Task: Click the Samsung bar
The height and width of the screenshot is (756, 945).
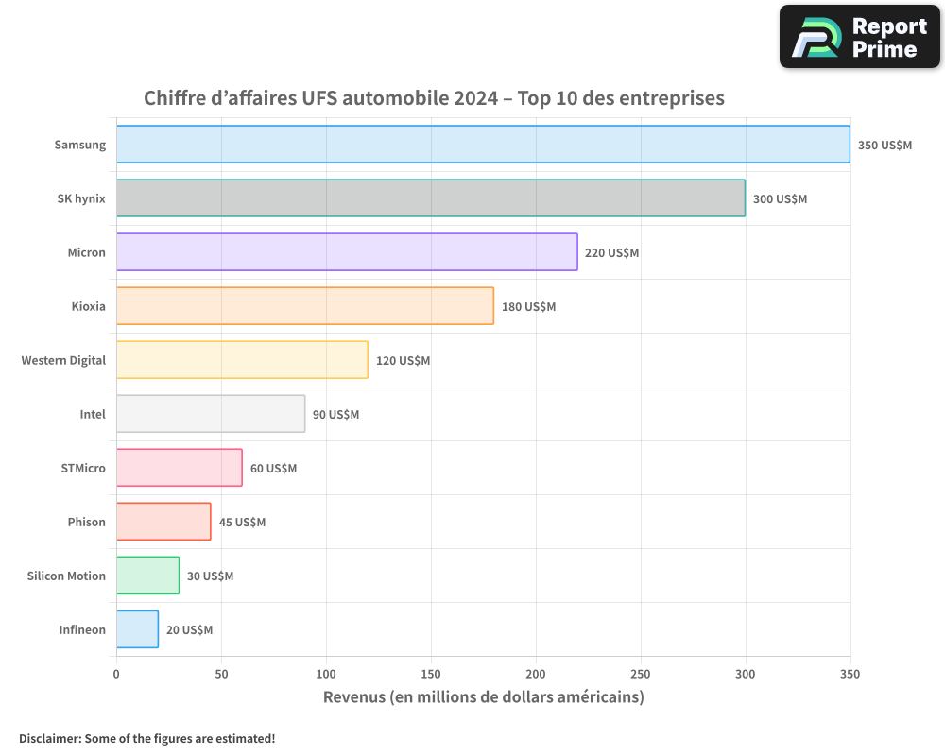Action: [483, 145]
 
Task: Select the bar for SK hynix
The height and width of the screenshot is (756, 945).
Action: [431, 198]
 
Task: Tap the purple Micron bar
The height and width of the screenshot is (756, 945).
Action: [347, 252]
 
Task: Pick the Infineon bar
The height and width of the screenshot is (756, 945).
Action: [137, 629]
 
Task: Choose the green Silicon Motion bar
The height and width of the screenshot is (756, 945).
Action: [147, 576]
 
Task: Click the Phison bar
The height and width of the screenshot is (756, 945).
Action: [163, 522]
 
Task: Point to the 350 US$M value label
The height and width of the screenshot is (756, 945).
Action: [885, 146]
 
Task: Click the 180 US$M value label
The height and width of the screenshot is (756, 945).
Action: [528, 307]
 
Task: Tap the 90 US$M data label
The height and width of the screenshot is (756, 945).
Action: [335, 415]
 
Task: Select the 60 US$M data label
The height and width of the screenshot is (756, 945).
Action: [273, 469]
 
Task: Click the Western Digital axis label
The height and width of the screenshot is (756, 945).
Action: [63, 360]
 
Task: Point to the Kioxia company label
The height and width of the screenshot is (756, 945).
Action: [88, 306]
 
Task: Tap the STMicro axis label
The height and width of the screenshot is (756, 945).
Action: [83, 468]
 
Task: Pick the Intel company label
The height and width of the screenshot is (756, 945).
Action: [93, 414]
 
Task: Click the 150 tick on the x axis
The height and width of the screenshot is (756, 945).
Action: [431, 674]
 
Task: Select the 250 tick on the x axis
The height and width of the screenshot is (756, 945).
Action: [641, 674]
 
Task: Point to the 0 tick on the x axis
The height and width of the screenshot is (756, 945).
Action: [116, 674]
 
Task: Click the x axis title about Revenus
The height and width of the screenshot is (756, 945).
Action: [483, 697]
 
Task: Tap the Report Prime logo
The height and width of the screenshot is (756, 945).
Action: [860, 37]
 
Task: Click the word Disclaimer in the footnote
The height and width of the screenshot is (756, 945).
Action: [48, 738]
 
